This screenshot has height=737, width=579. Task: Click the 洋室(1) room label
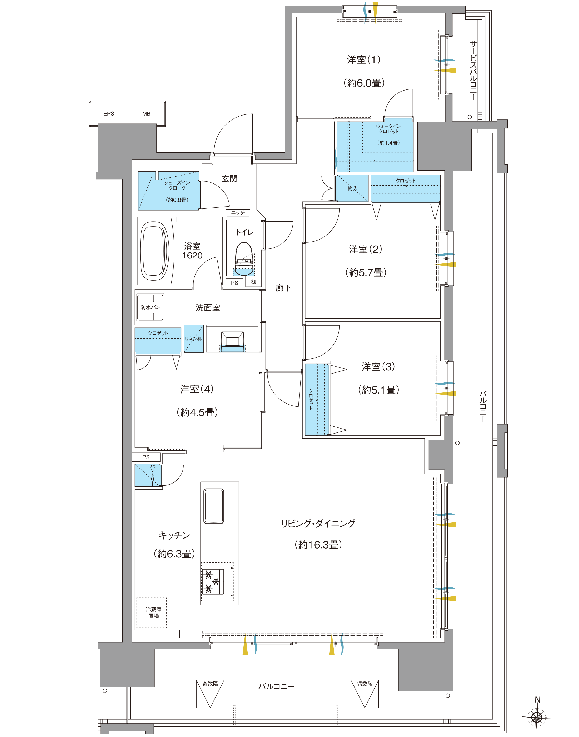(363, 60)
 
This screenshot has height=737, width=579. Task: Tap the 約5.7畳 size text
(366, 273)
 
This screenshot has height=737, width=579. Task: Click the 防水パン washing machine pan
(150, 307)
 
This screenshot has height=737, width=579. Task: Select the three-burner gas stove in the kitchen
(213, 582)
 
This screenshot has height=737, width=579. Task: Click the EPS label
(109, 113)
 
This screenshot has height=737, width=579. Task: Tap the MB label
(146, 113)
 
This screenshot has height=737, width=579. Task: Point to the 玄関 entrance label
(229, 179)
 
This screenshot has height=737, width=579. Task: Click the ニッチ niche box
(238, 213)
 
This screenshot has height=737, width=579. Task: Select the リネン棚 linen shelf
(193, 339)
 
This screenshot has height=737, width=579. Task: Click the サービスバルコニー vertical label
(473, 71)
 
